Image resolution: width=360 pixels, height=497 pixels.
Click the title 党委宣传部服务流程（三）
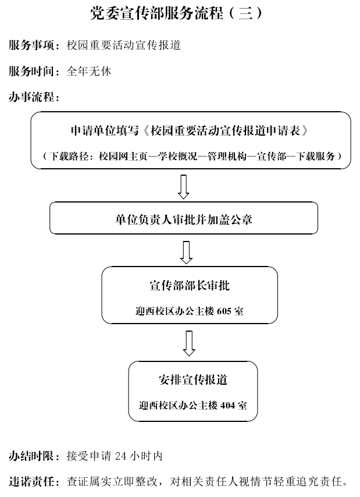point(176,13)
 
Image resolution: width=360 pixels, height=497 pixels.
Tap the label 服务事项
point(31,45)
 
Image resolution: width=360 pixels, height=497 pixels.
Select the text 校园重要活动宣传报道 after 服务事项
point(123,45)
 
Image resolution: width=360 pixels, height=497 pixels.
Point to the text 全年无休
point(89,72)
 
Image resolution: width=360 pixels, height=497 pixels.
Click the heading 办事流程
point(31,97)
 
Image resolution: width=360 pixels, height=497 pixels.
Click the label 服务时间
point(31,72)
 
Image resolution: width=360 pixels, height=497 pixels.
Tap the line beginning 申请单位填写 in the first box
point(190,130)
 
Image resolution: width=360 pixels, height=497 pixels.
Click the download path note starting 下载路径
point(191,156)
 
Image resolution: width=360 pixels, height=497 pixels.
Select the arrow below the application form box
point(184,187)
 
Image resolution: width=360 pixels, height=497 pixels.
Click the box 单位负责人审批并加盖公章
point(184,218)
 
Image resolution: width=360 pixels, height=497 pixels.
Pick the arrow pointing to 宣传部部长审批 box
point(186,253)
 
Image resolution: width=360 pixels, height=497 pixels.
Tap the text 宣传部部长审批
point(190,285)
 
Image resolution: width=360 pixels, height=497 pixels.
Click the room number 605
point(224,311)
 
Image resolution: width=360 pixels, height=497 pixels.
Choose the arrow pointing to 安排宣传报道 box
point(189,343)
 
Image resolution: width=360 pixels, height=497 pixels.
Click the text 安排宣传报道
point(193,379)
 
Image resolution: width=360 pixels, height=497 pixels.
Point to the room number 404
point(227,406)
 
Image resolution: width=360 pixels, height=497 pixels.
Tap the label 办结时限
point(31,456)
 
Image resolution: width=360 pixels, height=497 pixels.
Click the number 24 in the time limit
point(120,456)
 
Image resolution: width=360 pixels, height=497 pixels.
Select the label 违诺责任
point(31,482)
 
